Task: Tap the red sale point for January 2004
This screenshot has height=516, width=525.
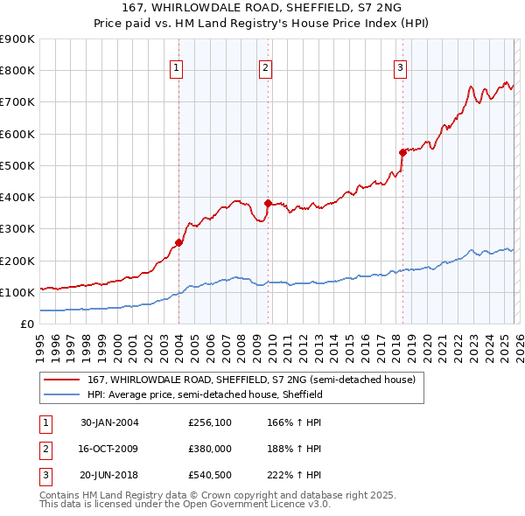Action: [178, 242]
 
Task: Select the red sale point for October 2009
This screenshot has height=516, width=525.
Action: [268, 203]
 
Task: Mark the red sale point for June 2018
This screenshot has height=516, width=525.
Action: [402, 152]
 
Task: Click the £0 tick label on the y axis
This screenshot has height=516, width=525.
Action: [26, 324]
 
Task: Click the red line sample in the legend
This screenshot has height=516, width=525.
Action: [63, 380]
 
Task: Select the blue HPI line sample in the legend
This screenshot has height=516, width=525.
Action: [63, 394]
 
